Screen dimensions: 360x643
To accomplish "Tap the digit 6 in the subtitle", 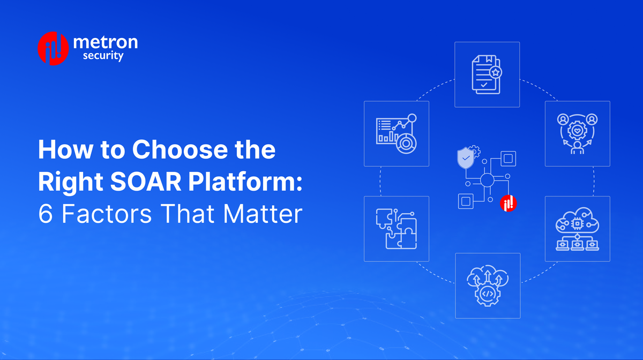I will coord(44,215).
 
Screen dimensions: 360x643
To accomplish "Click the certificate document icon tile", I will coord(487,74).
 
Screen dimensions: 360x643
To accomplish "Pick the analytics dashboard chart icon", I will coord(396,133).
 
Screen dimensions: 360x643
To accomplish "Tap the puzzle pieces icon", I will coord(396,229).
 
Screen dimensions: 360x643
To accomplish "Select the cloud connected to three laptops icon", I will coord(577,229).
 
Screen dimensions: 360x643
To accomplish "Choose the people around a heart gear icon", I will coord(577,133).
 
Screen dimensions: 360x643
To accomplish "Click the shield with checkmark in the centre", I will coord(465,159).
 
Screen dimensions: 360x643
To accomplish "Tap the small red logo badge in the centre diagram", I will coord(508,203).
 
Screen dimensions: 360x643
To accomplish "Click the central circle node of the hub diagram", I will coord(487,180).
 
